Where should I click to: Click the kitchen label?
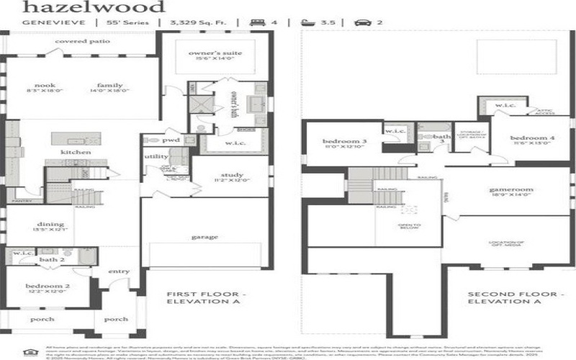(x=75, y=153)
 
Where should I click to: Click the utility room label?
(x=156, y=156)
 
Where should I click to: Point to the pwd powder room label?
(x=171, y=140)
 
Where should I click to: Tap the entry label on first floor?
(x=119, y=271)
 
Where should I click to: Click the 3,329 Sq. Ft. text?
(x=197, y=22)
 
